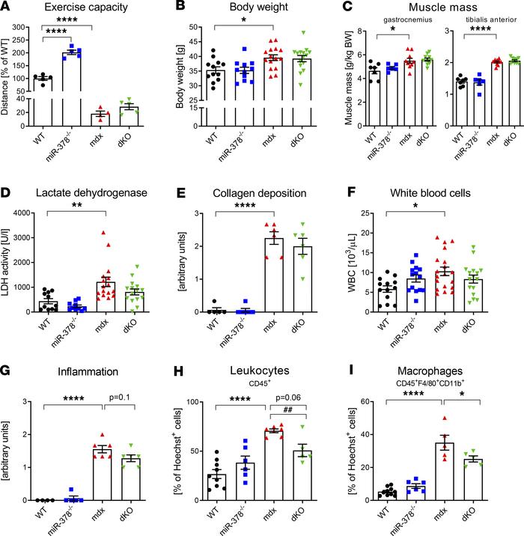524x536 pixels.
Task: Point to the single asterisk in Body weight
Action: (243, 31)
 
